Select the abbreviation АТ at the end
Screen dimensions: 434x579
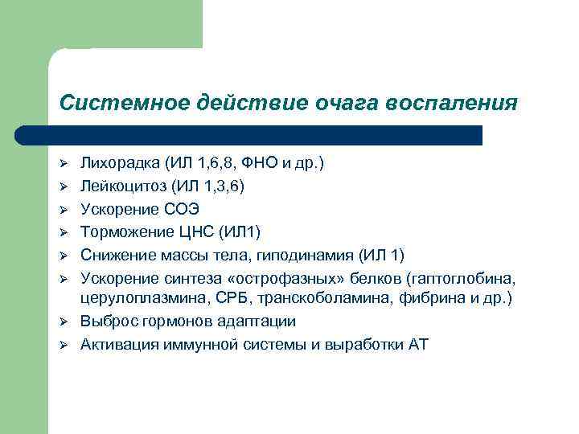418,345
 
